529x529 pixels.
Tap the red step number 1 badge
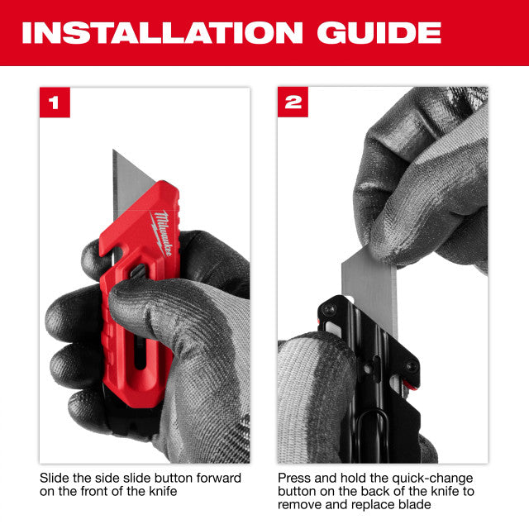55,102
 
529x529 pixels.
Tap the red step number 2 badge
293,102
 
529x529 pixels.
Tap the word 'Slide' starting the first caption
55,478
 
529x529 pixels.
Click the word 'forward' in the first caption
218,478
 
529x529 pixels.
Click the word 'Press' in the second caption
294,478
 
